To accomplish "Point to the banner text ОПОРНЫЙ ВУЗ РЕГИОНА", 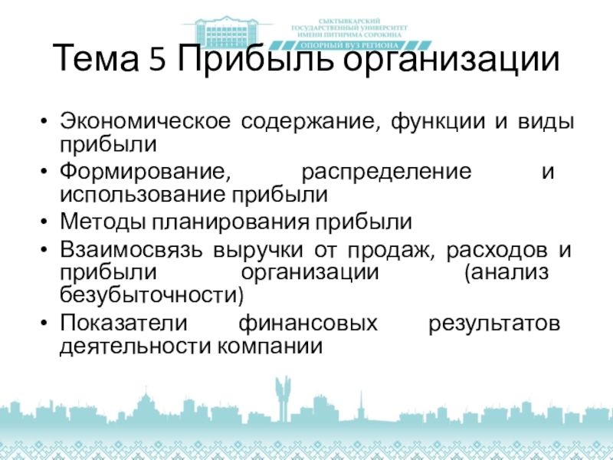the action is [x=350, y=45].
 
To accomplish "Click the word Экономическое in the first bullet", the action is [x=145, y=121].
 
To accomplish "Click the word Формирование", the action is [x=145, y=172].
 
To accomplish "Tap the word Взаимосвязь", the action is [x=131, y=250].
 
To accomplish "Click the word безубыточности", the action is [x=152, y=294].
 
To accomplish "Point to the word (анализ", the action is [x=506, y=273].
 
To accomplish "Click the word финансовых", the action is [x=308, y=324].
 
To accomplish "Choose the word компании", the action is [x=270, y=347].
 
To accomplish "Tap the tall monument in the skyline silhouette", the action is [x=283, y=398].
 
